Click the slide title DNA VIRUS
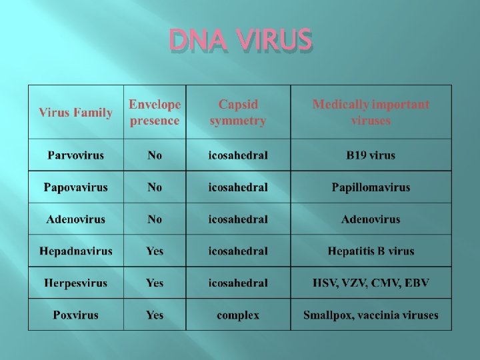240,41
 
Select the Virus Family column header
75,113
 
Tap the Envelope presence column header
155,113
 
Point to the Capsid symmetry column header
238,113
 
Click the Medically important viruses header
371,113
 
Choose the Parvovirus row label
75,155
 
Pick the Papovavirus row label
75,187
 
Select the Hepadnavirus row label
75,251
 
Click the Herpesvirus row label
75,283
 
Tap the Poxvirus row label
75,315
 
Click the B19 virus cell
371,155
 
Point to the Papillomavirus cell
371,187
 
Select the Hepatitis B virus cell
371,251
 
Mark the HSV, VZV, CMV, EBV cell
371,283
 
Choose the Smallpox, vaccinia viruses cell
371,315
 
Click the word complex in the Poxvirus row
238,315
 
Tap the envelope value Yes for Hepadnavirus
155,251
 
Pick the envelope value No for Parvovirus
155,155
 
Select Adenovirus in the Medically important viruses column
371,219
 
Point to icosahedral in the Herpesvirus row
238,283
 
